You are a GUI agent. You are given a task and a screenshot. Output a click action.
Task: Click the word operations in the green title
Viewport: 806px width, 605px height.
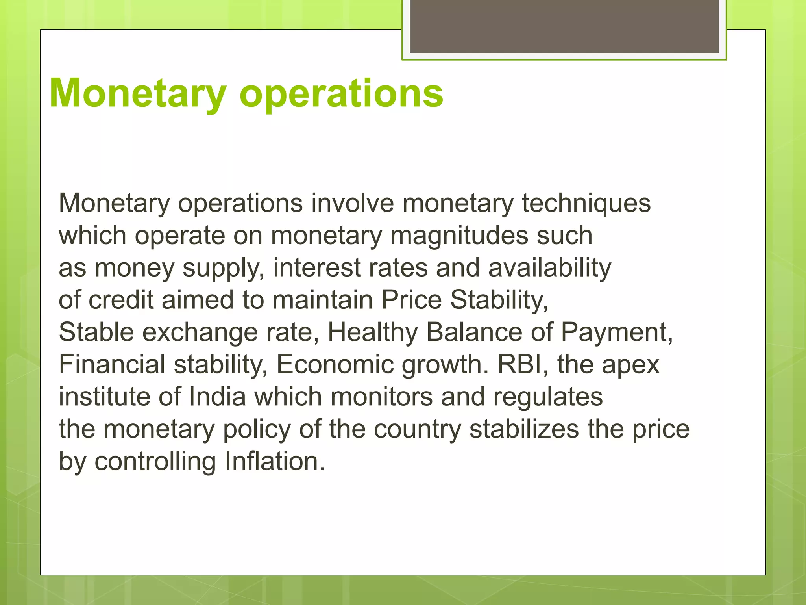341,94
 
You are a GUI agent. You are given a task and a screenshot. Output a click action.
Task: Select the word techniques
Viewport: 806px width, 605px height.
586,204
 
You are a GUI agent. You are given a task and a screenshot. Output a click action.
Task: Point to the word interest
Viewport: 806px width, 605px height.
317,267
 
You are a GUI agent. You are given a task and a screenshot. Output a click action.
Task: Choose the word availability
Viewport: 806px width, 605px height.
550,268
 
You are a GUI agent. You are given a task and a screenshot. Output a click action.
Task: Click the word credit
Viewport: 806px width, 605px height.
121,300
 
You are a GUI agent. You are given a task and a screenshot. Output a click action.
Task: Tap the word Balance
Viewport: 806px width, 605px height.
474,332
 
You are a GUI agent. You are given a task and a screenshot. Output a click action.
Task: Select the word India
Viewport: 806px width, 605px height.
217,397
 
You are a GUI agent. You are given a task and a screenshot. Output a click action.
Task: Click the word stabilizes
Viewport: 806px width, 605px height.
524,429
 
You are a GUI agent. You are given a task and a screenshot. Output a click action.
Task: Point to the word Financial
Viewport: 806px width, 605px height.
112,364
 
